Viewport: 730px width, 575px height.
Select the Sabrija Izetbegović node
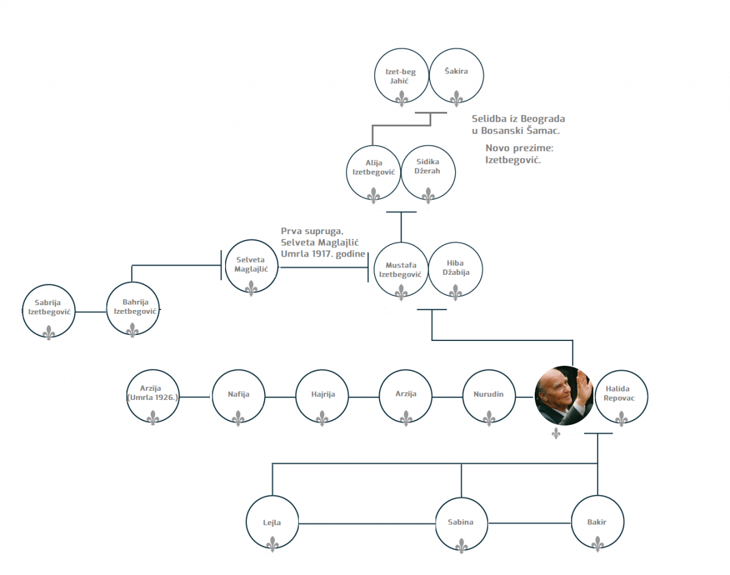tap(49, 311)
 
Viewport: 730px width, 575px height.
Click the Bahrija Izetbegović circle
tap(132, 311)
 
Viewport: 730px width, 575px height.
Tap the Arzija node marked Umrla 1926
tap(153, 397)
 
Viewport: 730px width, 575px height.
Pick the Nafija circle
tap(238, 397)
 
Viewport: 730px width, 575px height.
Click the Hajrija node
tap(322, 397)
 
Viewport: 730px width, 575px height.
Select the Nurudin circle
tap(489, 397)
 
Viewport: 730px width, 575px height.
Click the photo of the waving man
tap(563, 395)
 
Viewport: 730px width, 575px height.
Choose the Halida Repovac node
tap(620, 397)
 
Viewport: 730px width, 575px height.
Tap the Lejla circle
tap(272, 524)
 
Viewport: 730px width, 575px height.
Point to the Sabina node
tap(461, 524)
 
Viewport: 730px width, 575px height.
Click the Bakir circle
tap(597, 524)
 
